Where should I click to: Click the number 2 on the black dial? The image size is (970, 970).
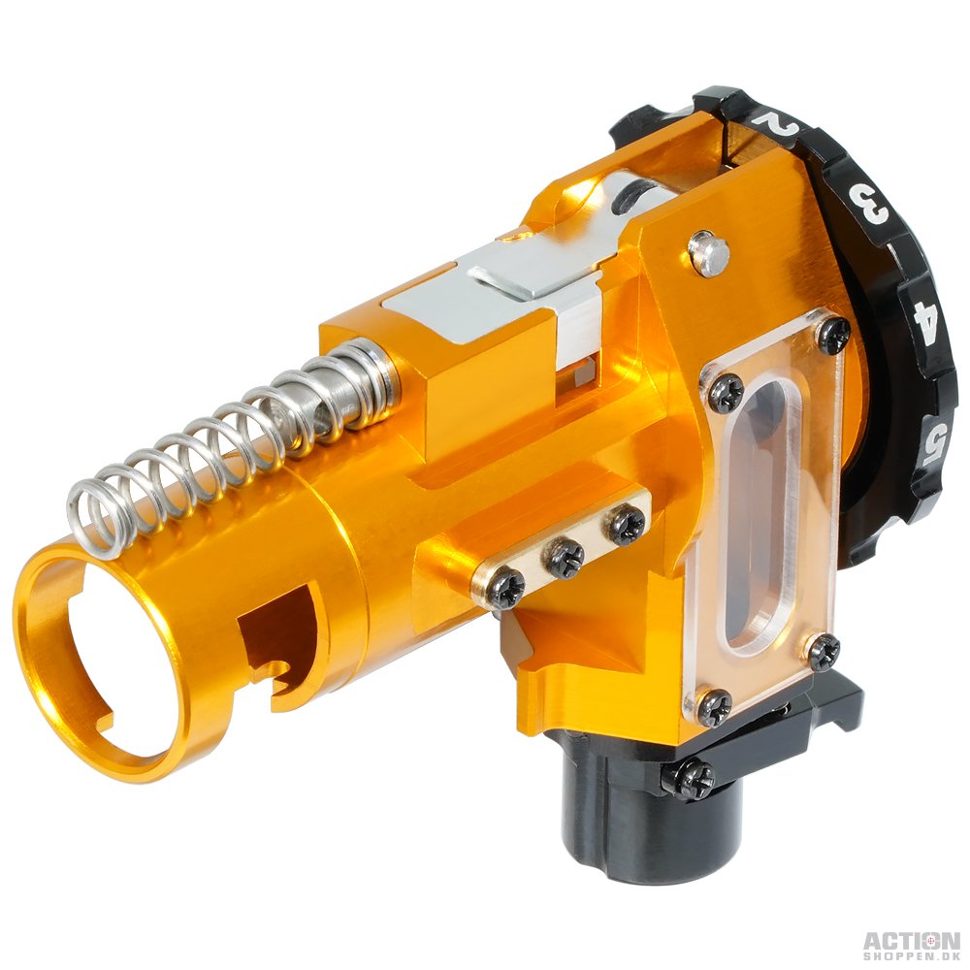(778, 123)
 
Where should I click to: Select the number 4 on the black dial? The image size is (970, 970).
(926, 316)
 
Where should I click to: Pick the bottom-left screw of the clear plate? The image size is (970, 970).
(716, 704)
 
